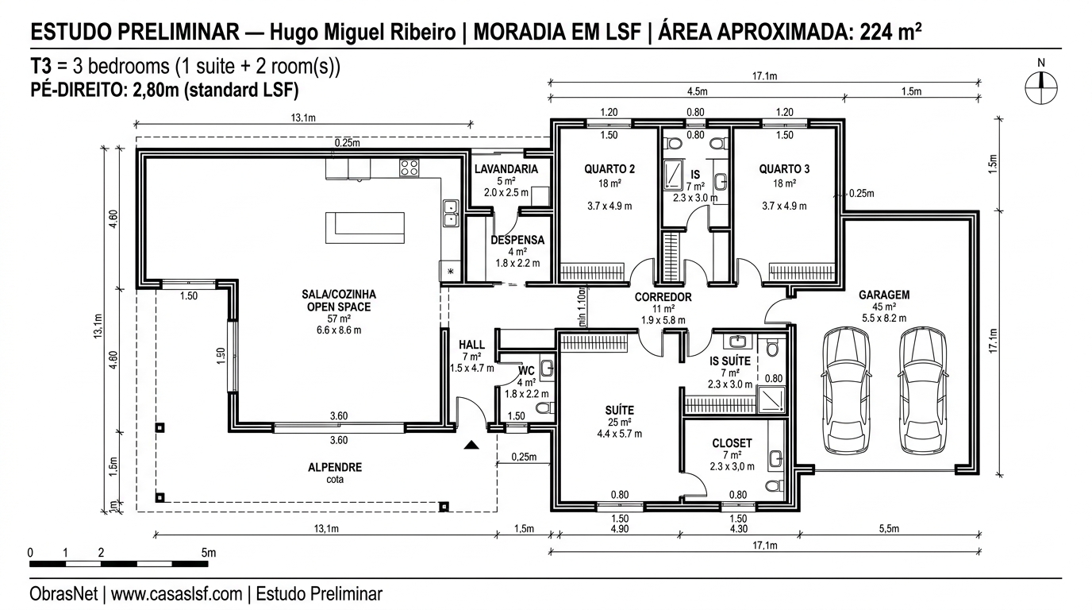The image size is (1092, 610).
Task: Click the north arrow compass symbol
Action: point(1041,87)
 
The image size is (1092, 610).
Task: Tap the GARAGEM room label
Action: point(884,295)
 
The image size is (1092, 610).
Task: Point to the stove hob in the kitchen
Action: point(409,168)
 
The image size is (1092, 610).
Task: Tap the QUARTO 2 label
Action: point(609,169)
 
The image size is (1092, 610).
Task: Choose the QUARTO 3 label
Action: point(784,169)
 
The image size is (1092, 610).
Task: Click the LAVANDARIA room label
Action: point(506,169)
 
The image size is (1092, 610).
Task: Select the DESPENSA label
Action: point(517,240)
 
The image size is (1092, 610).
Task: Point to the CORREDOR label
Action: point(663,297)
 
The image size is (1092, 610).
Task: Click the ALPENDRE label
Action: point(335,468)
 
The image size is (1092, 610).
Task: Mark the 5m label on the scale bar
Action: point(208,552)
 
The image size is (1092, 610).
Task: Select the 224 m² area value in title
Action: point(890,33)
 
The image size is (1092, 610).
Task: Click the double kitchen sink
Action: point(451,213)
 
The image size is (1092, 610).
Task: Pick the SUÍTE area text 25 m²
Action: point(620,423)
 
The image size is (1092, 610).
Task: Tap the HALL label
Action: point(471,345)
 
